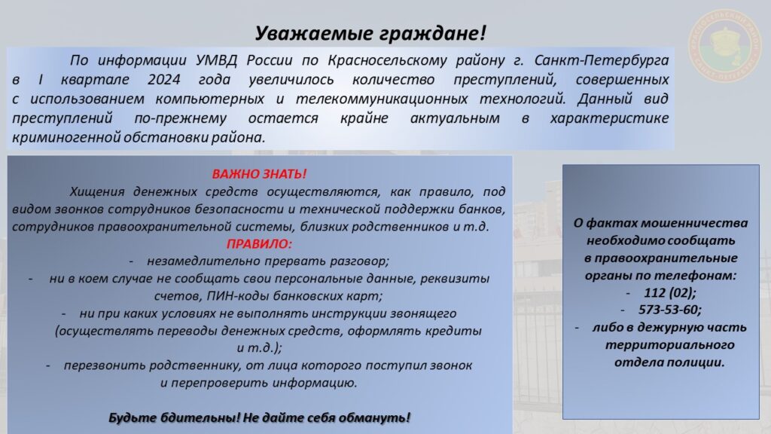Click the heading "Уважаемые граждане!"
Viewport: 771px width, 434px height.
(370, 33)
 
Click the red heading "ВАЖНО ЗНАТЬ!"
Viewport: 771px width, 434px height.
(259, 174)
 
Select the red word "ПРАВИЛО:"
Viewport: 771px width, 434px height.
(259, 244)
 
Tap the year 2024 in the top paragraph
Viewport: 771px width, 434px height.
(164, 80)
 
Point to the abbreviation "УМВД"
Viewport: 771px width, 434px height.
(216, 60)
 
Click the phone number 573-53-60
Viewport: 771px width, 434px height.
(669, 310)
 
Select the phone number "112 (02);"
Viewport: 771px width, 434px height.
(670, 293)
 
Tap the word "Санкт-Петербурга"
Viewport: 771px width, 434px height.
(602, 60)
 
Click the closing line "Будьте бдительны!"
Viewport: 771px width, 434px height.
(174, 417)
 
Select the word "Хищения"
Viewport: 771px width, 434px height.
(97, 191)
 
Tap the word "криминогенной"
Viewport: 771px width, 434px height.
(66, 138)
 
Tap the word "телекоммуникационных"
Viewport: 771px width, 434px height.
(382, 99)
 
